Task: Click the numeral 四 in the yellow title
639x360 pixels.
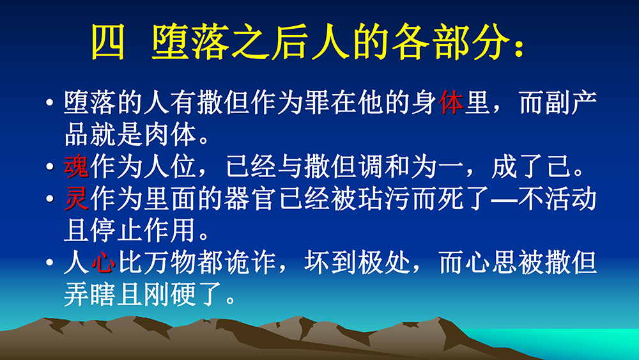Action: [x=107, y=42]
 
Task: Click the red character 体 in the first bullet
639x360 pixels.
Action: [x=451, y=102]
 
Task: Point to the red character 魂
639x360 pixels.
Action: [x=77, y=166]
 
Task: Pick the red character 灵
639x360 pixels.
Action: [x=77, y=198]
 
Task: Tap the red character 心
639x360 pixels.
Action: [x=103, y=262]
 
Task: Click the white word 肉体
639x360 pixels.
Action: [x=171, y=134]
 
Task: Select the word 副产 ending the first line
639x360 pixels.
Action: [x=557, y=102]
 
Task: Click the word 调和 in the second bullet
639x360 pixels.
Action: [x=384, y=166]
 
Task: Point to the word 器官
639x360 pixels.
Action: [x=250, y=198]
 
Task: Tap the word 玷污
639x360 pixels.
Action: [x=384, y=198]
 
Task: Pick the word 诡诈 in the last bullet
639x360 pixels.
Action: [x=250, y=262]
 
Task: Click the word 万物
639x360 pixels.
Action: [x=171, y=262]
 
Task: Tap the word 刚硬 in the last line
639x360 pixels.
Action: [x=171, y=294]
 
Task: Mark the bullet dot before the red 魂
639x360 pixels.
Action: [x=50, y=166]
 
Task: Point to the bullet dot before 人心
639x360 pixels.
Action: [x=50, y=263]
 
